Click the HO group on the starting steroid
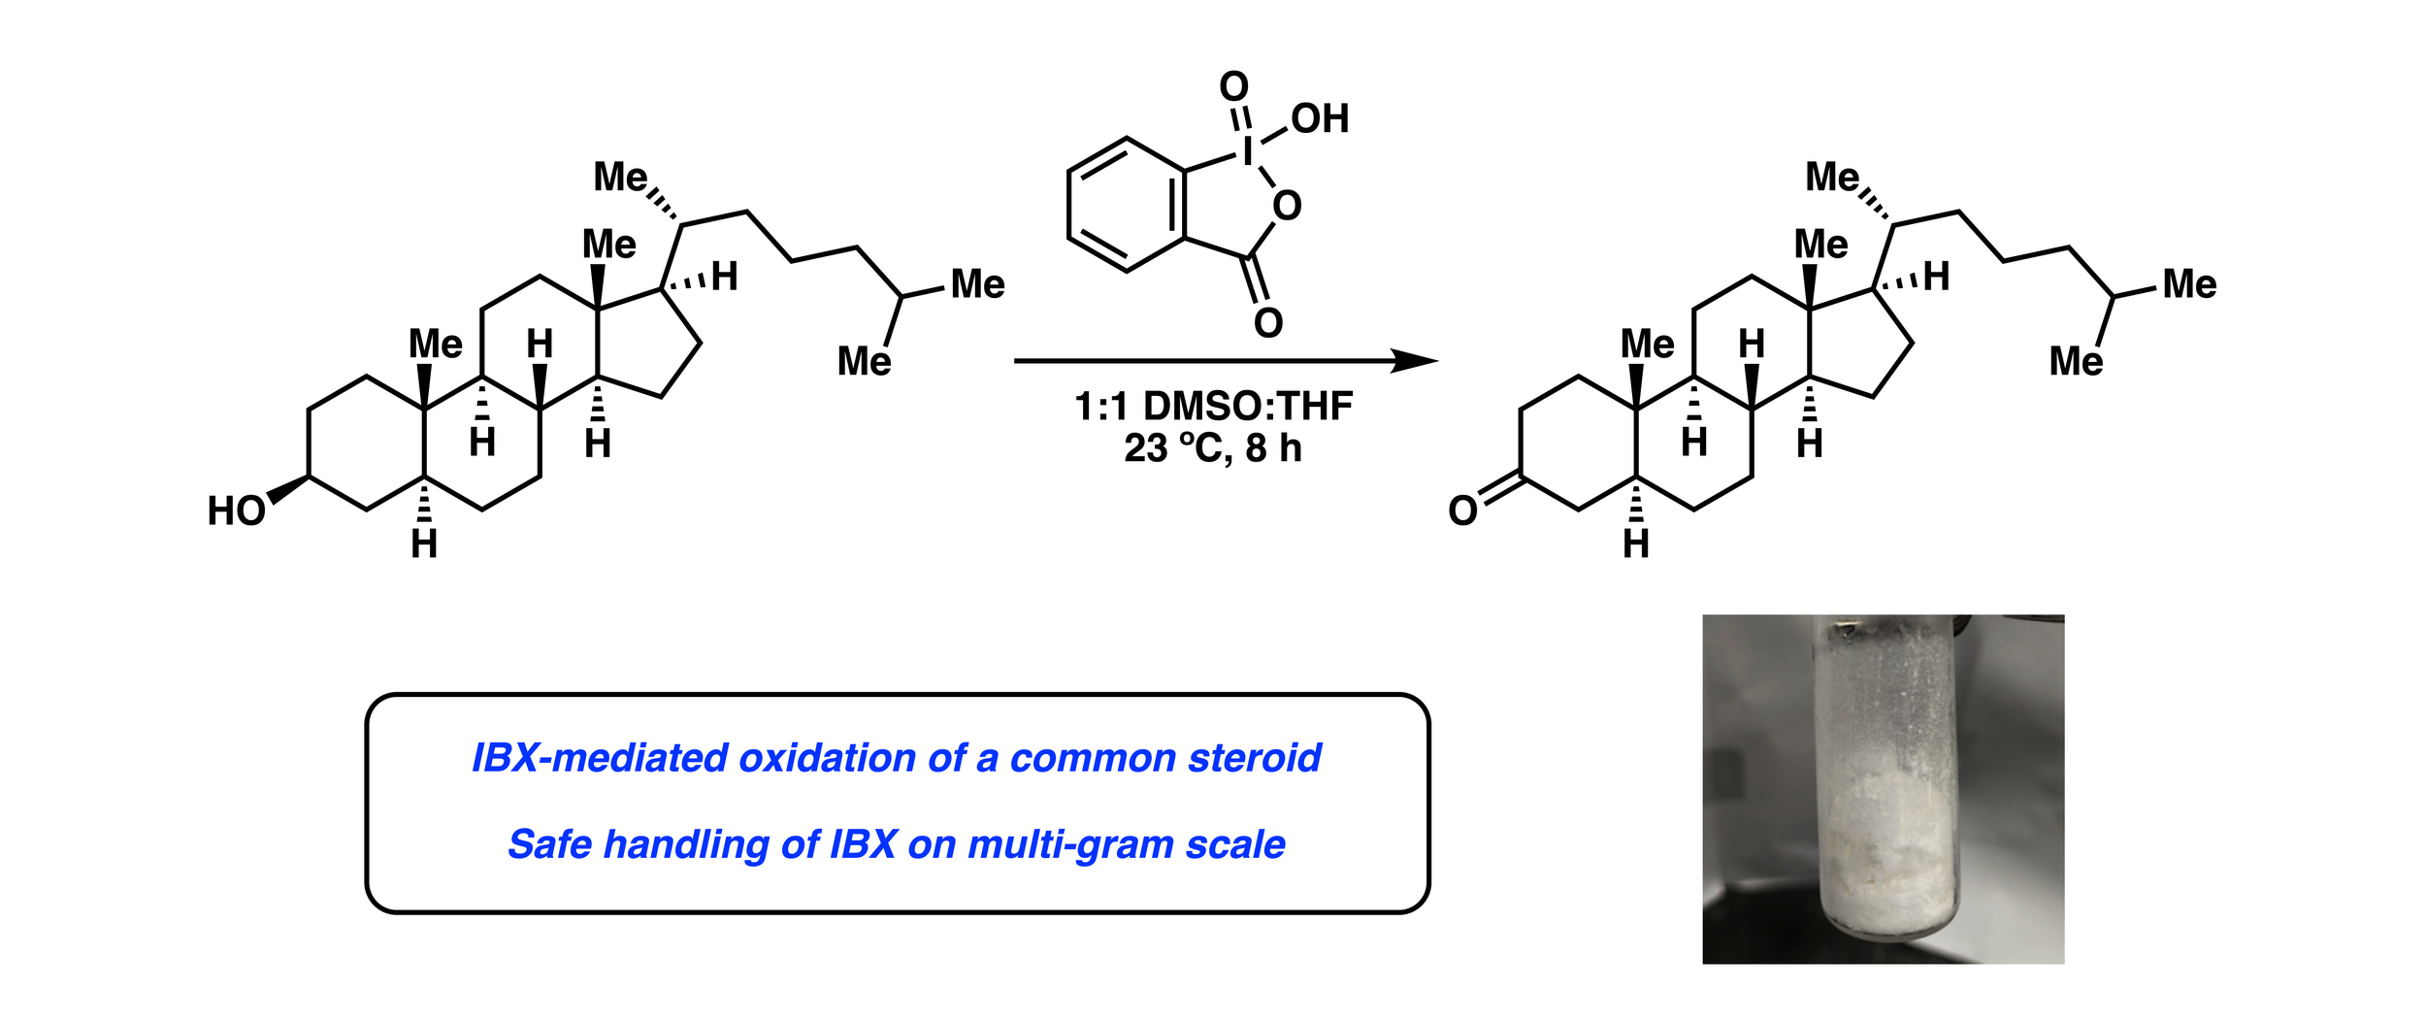(236, 510)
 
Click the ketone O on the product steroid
(1462, 510)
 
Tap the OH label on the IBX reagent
(1320, 118)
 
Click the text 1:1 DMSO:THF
(1213, 406)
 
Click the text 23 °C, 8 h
(1213, 448)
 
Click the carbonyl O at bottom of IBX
(1268, 322)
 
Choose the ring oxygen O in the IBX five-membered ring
(1287, 206)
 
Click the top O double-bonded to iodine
(1233, 86)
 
